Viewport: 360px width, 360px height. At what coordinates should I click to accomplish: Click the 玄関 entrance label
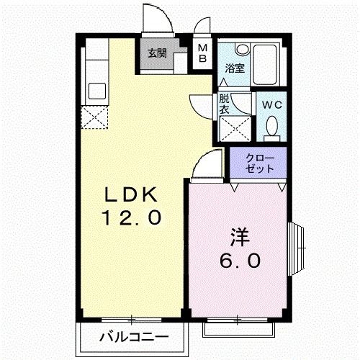pos(158,53)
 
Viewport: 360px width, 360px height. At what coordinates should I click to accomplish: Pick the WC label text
pos(271,104)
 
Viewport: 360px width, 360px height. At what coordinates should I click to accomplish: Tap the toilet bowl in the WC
pos(271,127)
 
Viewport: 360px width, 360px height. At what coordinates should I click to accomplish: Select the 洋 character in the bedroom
pos(239,237)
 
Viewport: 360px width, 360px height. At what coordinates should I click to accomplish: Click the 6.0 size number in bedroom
pos(240,260)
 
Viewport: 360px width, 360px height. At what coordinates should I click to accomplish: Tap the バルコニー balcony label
pos(133,336)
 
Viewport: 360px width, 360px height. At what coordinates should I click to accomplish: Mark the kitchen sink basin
pos(95,91)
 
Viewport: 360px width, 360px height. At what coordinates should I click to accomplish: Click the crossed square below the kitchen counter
pos(95,116)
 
